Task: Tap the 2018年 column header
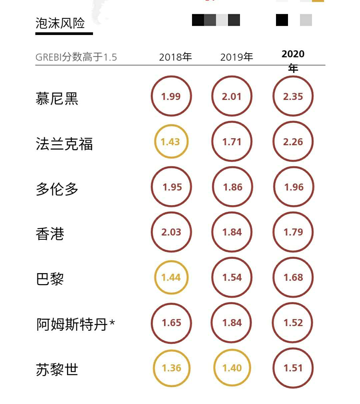(175, 57)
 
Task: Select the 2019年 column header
(236, 57)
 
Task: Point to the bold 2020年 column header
(293, 61)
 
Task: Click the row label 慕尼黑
(57, 99)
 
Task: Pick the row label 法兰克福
(64, 144)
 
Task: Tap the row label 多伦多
(57, 189)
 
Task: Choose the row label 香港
(50, 234)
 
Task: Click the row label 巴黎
(50, 279)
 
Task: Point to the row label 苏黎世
(57, 369)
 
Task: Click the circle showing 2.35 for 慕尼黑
(293, 96)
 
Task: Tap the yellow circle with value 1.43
(171, 142)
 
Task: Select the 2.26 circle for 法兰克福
(293, 142)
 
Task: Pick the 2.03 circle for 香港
(171, 232)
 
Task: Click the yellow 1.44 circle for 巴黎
(171, 277)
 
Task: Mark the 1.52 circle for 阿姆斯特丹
(293, 322)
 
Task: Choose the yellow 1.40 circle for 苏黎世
(232, 368)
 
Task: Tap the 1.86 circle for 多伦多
(232, 187)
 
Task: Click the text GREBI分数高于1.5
(76, 57)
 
